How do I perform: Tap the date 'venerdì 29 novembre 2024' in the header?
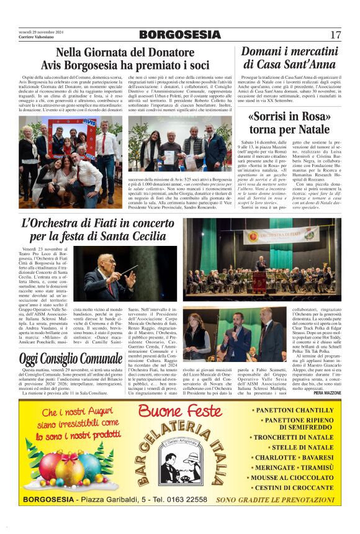[x=40, y=32]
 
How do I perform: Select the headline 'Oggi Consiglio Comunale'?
[x=62, y=359]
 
